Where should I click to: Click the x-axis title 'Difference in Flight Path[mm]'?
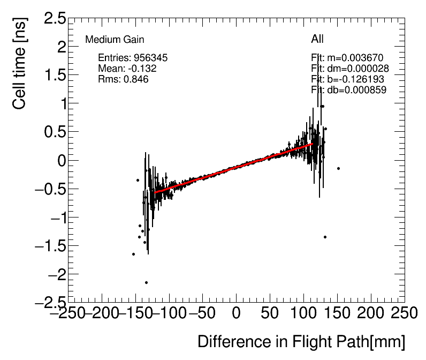pos(301,342)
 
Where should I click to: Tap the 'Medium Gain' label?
pos(115,40)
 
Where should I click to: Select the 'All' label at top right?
pos(317,39)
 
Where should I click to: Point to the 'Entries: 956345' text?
pos(134,57)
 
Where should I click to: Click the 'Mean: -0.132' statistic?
pos(127,68)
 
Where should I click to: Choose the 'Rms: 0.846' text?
pos(123,79)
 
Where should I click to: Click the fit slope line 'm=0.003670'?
pos(347,58)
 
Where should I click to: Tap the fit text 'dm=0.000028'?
pos(350,69)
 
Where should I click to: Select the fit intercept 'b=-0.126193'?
pos(347,79)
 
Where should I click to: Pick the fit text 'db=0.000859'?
pos(349,90)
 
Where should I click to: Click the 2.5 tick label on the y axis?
pos(55,19)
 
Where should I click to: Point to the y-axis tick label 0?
pos(60,161)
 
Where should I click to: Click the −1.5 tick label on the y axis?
pos(49,246)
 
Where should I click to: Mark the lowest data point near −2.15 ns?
pos(146,282)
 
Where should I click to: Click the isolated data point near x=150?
pos(338,168)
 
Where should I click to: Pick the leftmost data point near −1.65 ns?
pos(133,254)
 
